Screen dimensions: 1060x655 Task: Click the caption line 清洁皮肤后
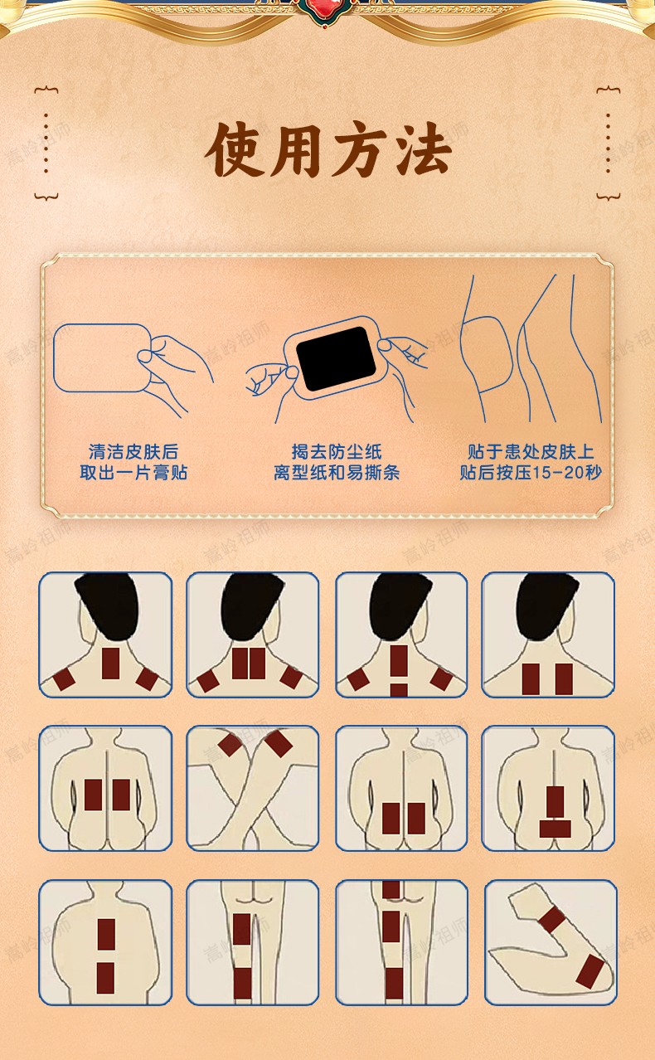[x=133, y=452]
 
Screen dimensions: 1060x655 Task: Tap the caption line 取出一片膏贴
[x=133, y=473]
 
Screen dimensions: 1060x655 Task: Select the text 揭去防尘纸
[x=337, y=452]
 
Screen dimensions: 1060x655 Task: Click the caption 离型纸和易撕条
[x=337, y=473]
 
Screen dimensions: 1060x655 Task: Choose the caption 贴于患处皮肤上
[x=531, y=452]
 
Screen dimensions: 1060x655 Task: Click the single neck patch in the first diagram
[x=110, y=664]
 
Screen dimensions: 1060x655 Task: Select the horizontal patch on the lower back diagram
[x=555, y=828]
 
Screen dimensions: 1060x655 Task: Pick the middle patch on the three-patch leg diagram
[x=391, y=926]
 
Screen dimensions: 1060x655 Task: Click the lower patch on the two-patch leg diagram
[x=242, y=981]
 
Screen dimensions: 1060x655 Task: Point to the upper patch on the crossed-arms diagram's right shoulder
[x=279, y=742]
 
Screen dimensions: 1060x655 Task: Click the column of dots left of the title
[x=46, y=143]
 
